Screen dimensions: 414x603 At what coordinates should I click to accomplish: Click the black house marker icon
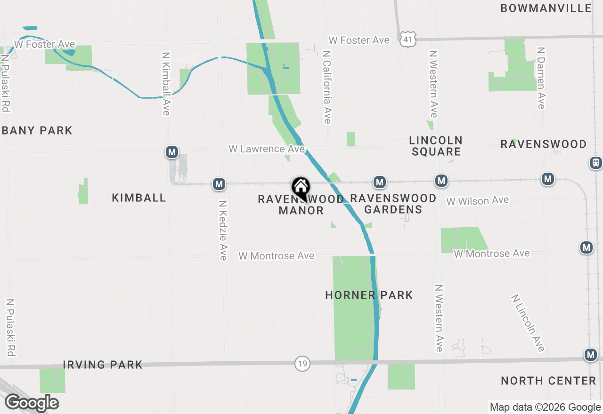pyautogui.click(x=301, y=188)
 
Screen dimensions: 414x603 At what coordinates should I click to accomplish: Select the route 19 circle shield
pyautogui.click(x=302, y=363)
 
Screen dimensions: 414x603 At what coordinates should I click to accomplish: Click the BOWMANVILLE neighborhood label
pyautogui.click(x=546, y=8)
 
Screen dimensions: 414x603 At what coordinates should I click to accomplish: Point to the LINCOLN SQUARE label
pyautogui.click(x=436, y=146)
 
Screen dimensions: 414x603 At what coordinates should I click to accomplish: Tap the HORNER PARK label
pyautogui.click(x=369, y=295)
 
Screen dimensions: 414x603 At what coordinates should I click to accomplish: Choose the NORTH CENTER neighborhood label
pyautogui.click(x=548, y=381)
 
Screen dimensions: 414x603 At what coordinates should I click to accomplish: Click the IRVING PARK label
pyautogui.click(x=103, y=365)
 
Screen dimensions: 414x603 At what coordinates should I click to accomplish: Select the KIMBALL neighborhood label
pyautogui.click(x=139, y=198)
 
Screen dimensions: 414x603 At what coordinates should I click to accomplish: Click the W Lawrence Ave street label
pyautogui.click(x=267, y=149)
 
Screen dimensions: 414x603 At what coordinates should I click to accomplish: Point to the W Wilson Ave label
pyautogui.click(x=478, y=201)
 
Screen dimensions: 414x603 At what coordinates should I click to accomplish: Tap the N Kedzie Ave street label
pyautogui.click(x=223, y=230)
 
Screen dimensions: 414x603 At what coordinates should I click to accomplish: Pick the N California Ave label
pyautogui.click(x=327, y=87)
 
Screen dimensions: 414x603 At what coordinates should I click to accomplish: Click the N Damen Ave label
pyautogui.click(x=541, y=78)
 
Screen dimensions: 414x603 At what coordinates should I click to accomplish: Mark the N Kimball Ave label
pyautogui.click(x=165, y=83)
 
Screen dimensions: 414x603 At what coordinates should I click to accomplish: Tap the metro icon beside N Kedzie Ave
pyautogui.click(x=219, y=183)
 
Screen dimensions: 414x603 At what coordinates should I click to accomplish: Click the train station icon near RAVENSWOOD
pyautogui.click(x=596, y=163)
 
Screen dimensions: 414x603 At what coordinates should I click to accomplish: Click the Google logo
pyautogui.click(x=32, y=403)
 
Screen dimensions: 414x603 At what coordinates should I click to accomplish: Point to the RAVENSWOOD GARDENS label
pyautogui.click(x=393, y=204)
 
